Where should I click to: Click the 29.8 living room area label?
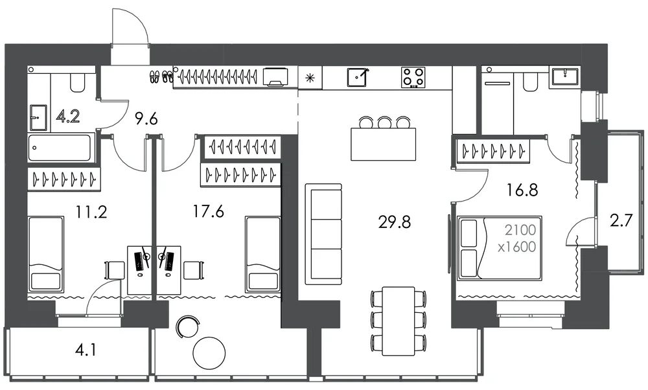(394, 222)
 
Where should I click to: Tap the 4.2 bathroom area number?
(69, 117)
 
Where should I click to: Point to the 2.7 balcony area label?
(621, 221)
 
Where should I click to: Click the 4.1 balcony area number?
(86, 350)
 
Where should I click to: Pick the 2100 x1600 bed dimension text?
(516, 238)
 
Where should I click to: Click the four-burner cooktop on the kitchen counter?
(413, 77)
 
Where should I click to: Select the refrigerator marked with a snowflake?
(310, 78)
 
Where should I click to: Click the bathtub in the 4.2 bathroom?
(59, 147)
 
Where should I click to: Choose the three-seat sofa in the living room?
(323, 235)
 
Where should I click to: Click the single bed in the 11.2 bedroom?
(46, 254)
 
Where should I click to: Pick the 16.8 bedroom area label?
(522, 190)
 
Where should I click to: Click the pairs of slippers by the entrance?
(161, 76)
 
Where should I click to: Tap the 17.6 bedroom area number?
(208, 212)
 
